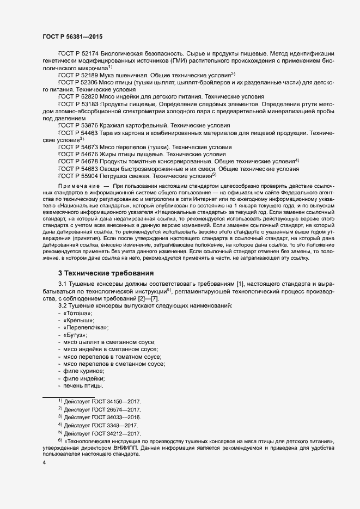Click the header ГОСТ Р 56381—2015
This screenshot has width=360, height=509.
point(72,36)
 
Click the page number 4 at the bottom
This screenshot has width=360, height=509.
point(44,463)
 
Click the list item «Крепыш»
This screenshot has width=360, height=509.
point(79,321)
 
